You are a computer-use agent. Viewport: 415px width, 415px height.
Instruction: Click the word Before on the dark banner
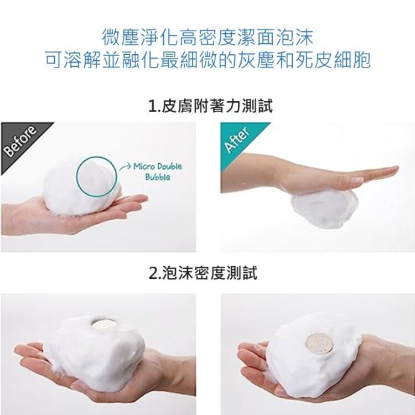(x=20, y=141)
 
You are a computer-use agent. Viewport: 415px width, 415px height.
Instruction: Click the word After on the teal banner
(x=237, y=139)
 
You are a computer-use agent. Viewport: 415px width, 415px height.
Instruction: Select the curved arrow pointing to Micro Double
(x=125, y=167)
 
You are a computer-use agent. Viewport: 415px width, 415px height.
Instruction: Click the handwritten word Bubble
(x=158, y=177)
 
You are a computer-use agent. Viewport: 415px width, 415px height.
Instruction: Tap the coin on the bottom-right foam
(x=319, y=344)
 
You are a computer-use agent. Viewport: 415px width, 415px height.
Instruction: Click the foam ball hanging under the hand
(x=324, y=208)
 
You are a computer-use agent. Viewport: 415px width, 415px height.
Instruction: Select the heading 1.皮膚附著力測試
(x=210, y=106)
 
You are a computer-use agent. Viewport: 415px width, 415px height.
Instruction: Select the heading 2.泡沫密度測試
(x=203, y=273)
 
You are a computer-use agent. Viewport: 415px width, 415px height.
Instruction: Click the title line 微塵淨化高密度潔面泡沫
(x=207, y=37)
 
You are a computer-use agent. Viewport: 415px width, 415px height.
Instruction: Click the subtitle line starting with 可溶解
(x=207, y=60)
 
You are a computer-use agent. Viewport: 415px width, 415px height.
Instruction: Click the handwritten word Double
(x=170, y=167)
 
